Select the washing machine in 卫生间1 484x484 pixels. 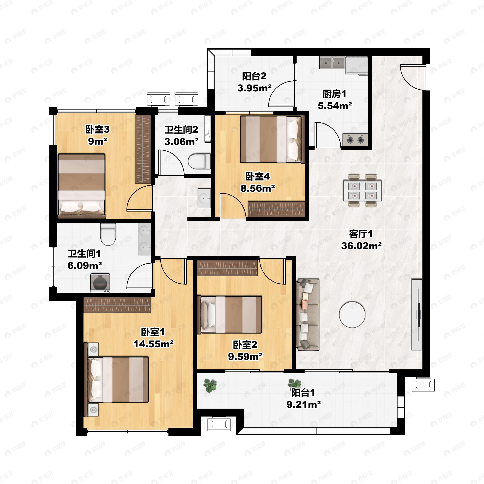pos(100,283)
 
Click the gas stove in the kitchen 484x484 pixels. pos(355,140)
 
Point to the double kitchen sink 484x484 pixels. pos(332,63)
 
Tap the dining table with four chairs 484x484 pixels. pos(362,191)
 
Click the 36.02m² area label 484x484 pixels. pos(361,246)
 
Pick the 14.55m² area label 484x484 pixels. pos(153,344)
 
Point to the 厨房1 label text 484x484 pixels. pos(334,94)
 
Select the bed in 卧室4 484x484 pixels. pos(272,139)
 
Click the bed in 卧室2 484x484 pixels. pos(230,315)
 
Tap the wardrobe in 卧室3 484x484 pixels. pos(143,149)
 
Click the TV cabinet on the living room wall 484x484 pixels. pos(417,314)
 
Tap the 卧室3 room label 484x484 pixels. pos(97,129)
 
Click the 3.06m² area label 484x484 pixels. pos(181,142)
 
